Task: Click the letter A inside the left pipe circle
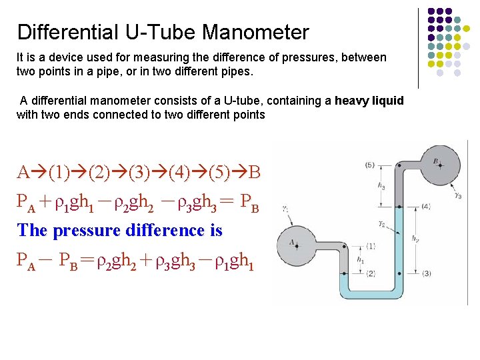[292, 241]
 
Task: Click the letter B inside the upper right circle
[435, 161]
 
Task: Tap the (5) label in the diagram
[370, 165]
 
